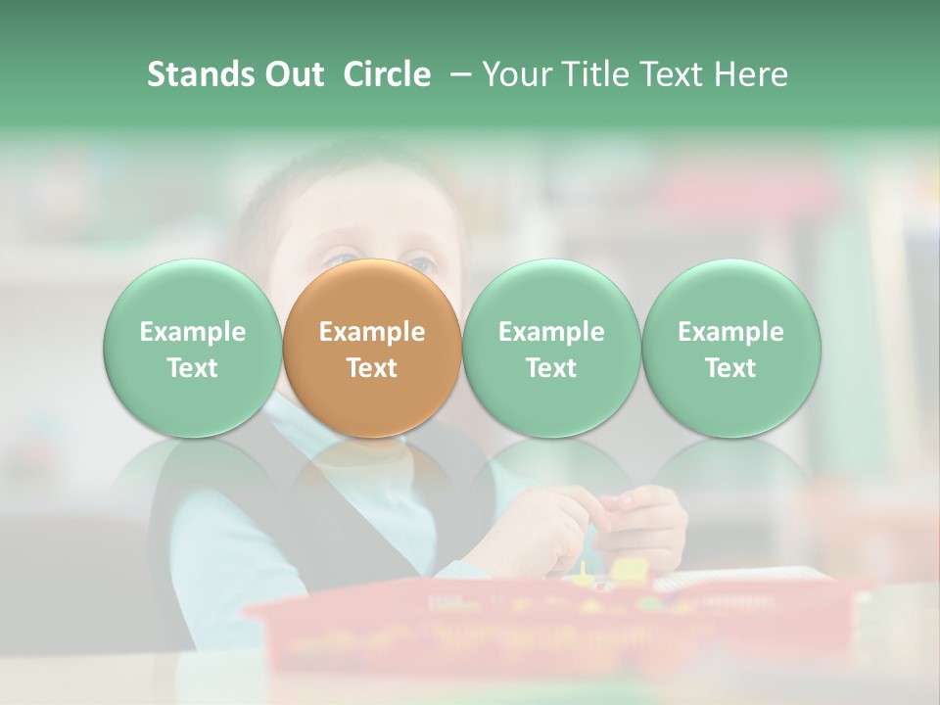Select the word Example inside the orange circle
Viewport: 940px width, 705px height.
pos(372,332)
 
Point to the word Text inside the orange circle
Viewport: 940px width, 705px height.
pos(372,368)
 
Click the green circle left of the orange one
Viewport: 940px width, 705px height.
pos(193,349)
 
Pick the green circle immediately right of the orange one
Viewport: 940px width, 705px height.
pos(551,349)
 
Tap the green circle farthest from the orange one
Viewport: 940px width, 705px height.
pos(730,349)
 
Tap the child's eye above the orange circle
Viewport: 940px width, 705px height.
pos(419,264)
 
